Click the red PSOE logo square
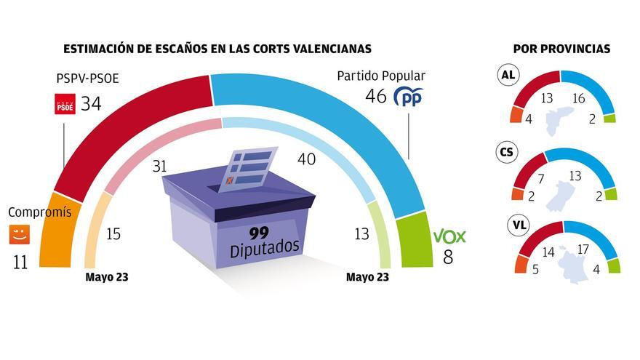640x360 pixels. coord(65,105)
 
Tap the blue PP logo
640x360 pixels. coord(407,97)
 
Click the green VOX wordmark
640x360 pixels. coord(449,237)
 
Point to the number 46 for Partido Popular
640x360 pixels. coord(375,97)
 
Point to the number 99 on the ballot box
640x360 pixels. coord(264,233)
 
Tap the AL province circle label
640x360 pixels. coord(507,75)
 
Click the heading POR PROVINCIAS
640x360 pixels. coord(561,49)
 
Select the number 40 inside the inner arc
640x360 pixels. coord(306,159)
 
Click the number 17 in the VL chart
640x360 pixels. coord(583,249)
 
